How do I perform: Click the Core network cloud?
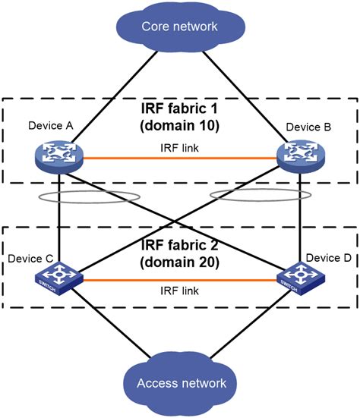click(x=179, y=27)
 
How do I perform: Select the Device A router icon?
click(x=59, y=156)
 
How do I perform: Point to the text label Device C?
click(x=30, y=259)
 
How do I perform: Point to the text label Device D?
click(x=333, y=259)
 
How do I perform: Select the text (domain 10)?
click(x=180, y=125)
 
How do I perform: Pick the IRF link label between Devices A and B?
click(x=181, y=147)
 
